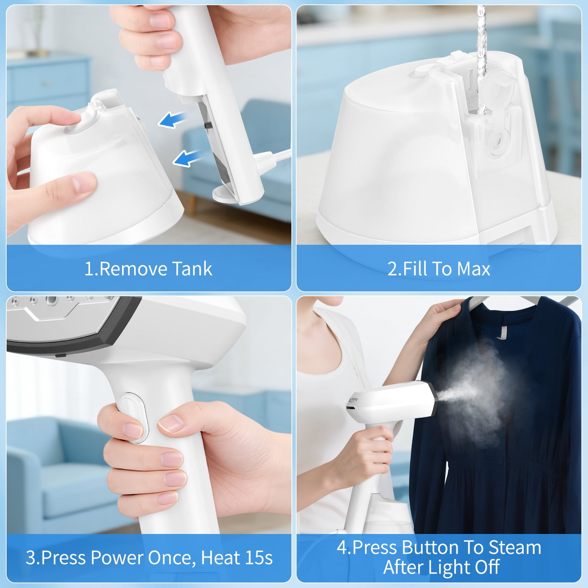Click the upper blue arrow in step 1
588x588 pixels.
point(173,120)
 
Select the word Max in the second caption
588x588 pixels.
point(474,269)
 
